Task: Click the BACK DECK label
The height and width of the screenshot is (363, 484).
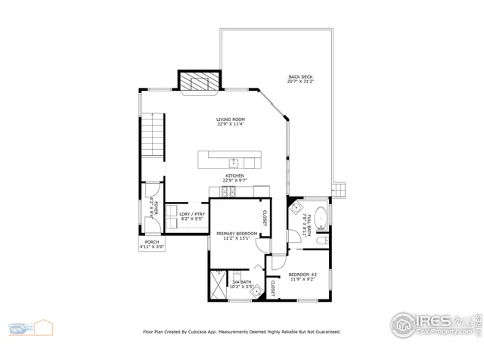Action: coord(300,78)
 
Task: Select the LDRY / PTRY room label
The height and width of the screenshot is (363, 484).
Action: coord(192,216)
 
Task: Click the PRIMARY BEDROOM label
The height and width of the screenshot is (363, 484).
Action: coord(237,234)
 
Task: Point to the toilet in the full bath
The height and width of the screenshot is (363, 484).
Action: coord(322,240)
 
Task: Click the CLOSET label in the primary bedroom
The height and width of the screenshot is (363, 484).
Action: coord(264,218)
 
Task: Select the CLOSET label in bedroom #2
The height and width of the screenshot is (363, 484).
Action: coord(273,287)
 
